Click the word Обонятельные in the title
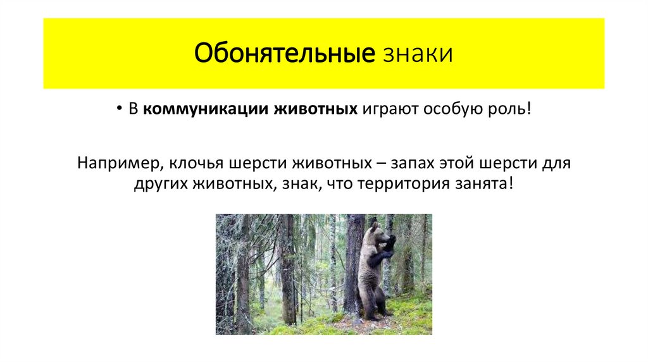tap(284, 54)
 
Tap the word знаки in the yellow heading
tap(417, 54)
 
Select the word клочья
tap(191, 163)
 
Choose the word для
tap(558, 163)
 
